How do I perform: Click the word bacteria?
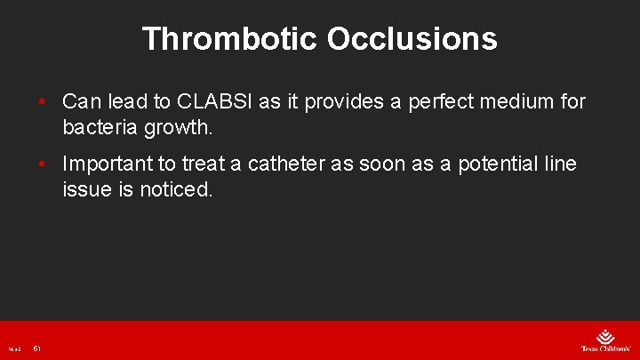(x=100, y=127)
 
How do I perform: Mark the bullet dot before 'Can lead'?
(x=42, y=102)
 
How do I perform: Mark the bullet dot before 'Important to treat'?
(x=42, y=164)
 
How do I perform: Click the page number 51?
(x=37, y=348)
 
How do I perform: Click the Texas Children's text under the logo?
(x=604, y=349)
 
